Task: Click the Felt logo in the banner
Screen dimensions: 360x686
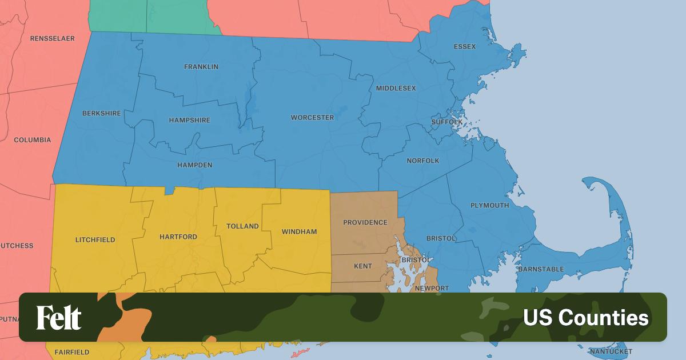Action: pyautogui.click(x=59, y=318)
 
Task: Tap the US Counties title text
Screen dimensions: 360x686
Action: pyautogui.click(x=586, y=318)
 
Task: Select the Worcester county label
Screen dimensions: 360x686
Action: pyautogui.click(x=312, y=118)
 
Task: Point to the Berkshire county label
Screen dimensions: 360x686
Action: pyautogui.click(x=102, y=114)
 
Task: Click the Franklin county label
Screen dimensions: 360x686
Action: pyautogui.click(x=201, y=67)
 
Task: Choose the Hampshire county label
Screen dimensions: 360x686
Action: pyautogui.click(x=190, y=121)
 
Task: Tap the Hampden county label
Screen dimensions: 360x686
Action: pyautogui.click(x=194, y=165)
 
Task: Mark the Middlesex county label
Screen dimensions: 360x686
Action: pyautogui.click(x=396, y=89)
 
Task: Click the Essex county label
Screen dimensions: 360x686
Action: pyautogui.click(x=465, y=46)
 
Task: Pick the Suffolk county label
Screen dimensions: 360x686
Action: pyautogui.click(x=447, y=122)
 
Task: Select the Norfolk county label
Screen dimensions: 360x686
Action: pyautogui.click(x=423, y=161)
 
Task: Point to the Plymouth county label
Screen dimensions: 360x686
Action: pyautogui.click(x=489, y=206)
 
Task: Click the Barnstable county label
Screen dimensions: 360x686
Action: pyautogui.click(x=541, y=269)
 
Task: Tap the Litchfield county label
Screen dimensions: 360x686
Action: pyautogui.click(x=95, y=240)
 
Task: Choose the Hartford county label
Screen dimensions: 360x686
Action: pyautogui.click(x=178, y=237)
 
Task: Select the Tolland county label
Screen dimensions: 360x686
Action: pyautogui.click(x=242, y=226)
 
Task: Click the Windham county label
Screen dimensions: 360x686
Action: pyautogui.click(x=299, y=232)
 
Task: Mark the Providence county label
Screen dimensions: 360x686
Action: pyautogui.click(x=365, y=223)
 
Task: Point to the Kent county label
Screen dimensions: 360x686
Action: pyautogui.click(x=363, y=266)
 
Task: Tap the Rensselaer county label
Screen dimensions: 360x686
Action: pyautogui.click(x=53, y=38)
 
